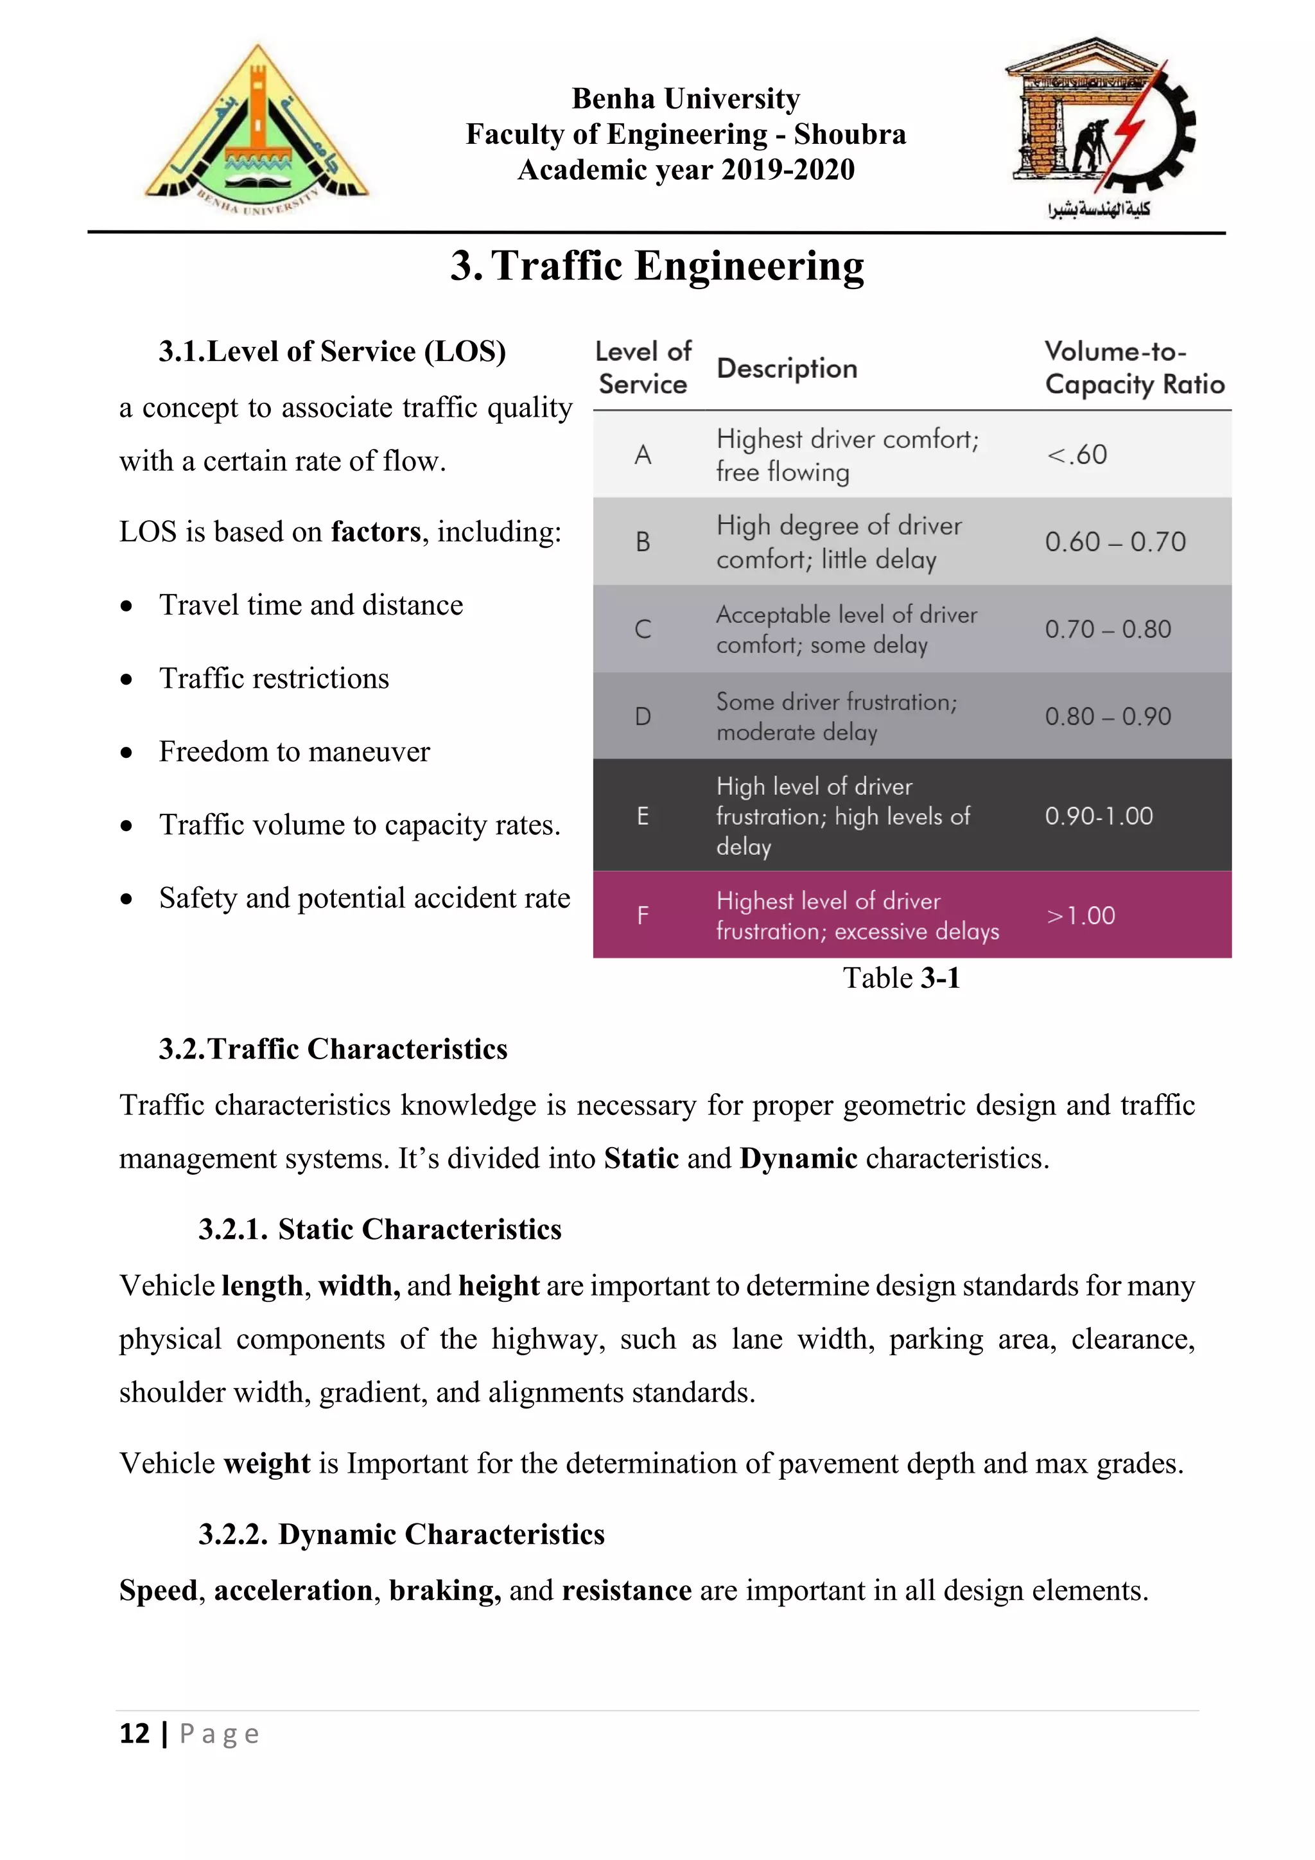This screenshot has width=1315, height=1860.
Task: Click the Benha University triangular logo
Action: click(x=257, y=130)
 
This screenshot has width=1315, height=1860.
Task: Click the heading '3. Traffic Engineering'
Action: click(x=657, y=267)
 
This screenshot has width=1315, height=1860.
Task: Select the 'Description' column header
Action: click(x=787, y=369)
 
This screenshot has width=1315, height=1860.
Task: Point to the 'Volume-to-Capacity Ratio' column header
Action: click(x=1134, y=368)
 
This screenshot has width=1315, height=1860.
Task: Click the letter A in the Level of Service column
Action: click(x=643, y=455)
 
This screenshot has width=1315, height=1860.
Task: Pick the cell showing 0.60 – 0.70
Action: click(x=1115, y=542)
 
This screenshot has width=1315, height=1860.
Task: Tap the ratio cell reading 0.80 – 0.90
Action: click(x=1108, y=716)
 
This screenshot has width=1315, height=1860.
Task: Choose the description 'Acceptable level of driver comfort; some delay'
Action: click(x=846, y=629)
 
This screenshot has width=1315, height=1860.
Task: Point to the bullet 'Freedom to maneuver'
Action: click(x=294, y=752)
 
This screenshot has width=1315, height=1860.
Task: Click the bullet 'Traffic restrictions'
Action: click(x=274, y=679)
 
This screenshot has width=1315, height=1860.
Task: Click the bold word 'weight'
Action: click(x=266, y=1464)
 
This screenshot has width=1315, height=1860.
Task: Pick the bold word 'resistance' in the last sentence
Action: click(x=626, y=1591)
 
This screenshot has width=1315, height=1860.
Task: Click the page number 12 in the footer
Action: click(x=134, y=1733)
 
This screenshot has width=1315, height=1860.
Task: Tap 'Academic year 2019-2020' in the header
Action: click(x=686, y=170)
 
